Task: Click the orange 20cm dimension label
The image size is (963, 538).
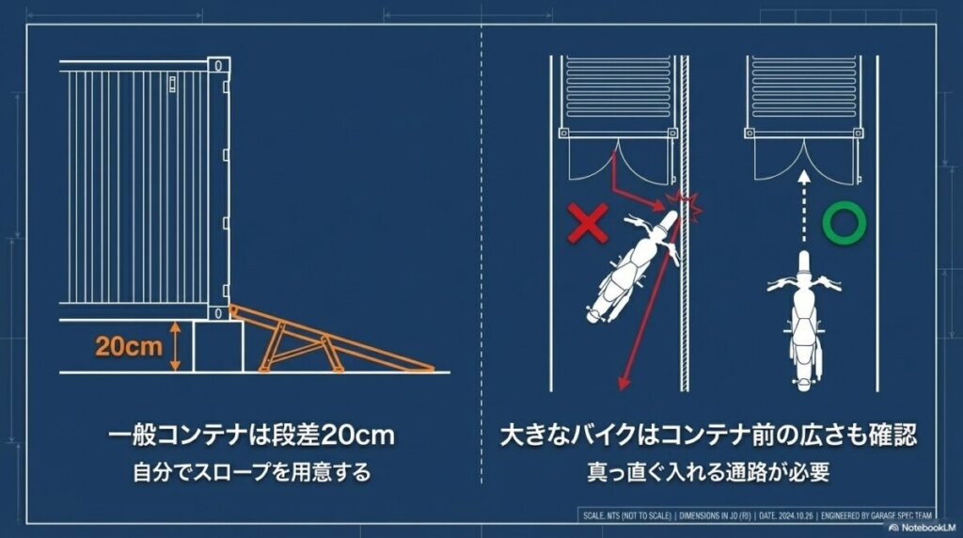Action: click(128, 346)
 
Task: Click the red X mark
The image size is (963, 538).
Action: click(587, 224)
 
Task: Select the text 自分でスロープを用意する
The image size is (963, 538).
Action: click(250, 472)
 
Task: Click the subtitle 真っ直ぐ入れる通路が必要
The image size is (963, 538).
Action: click(708, 472)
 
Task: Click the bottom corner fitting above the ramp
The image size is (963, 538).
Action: click(218, 311)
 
